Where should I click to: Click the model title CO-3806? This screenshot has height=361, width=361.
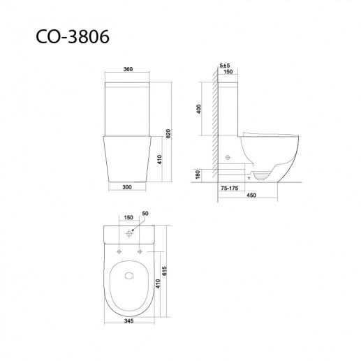[73, 36]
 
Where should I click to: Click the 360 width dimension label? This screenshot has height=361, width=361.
[128, 69]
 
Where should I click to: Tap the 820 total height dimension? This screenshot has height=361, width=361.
[168, 133]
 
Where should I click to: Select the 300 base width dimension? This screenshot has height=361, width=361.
[127, 187]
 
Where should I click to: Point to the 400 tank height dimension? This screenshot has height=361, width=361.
[198, 109]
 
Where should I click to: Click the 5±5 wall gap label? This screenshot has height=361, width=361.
[225, 66]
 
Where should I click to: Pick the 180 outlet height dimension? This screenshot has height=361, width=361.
[198, 175]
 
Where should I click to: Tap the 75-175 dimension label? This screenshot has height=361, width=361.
[230, 188]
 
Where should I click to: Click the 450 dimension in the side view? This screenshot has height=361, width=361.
[251, 195]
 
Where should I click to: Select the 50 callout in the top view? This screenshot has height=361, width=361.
[145, 213]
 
